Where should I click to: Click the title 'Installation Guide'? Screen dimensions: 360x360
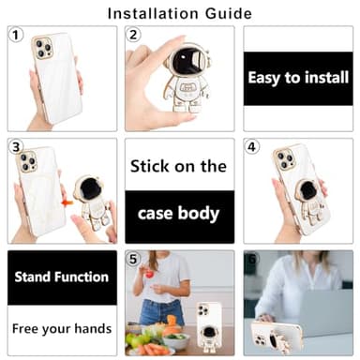click(179, 13)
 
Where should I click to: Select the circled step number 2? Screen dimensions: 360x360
click(134, 35)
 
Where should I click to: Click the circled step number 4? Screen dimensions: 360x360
click(251, 147)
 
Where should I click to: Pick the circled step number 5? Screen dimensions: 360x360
click(134, 260)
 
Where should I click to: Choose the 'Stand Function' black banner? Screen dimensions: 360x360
click(62, 277)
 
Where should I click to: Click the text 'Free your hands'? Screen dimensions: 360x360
click(62, 329)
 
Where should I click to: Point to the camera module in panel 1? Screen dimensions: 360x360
click(44, 49)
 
